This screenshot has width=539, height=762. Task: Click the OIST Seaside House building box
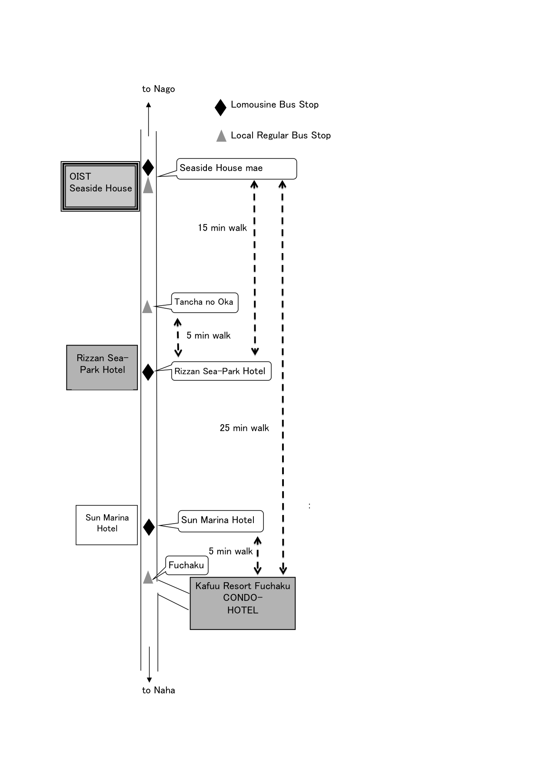[100, 186]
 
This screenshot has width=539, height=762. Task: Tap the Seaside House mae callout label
[236, 168]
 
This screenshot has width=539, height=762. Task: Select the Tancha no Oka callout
[204, 302]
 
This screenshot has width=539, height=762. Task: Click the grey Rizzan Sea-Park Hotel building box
[102, 367]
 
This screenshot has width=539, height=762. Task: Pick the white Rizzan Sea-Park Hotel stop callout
[221, 371]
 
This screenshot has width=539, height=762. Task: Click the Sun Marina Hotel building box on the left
[107, 524]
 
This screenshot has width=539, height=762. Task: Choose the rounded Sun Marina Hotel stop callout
[220, 521]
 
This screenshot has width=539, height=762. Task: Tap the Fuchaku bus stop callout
[187, 565]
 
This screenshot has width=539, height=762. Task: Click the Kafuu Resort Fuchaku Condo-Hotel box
[243, 603]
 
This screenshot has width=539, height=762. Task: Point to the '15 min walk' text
[222, 228]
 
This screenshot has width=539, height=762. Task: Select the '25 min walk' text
[244, 428]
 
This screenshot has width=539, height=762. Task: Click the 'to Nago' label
[158, 89]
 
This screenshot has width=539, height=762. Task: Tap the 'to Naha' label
[158, 690]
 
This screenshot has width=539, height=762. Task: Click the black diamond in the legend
[220, 107]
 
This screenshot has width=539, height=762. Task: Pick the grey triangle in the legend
[221, 136]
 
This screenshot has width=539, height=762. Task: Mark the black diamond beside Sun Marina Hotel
[149, 527]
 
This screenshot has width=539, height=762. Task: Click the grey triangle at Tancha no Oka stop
[147, 307]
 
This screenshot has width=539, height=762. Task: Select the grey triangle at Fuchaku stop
[148, 578]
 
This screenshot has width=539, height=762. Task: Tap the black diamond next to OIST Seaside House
[148, 168]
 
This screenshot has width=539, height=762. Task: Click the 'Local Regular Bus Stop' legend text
[280, 135]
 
